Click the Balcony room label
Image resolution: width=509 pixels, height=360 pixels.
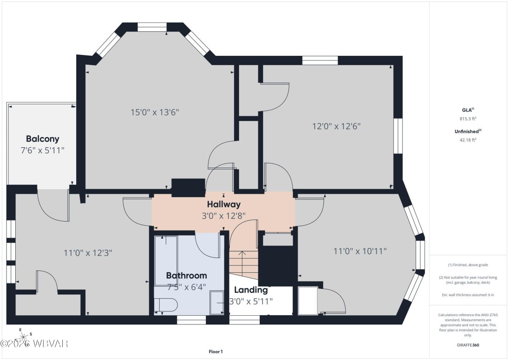[x=42, y=138]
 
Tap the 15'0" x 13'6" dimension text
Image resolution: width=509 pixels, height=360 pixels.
[x=155, y=112]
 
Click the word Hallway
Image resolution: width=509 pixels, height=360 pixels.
[x=223, y=204]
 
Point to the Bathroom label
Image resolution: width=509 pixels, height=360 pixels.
[x=186, y=276]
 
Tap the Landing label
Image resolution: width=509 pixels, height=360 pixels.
[x=251, y=290]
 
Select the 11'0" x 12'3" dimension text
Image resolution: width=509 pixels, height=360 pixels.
[x=88, y=253]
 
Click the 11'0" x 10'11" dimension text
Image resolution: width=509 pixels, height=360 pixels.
[x=360, y=251]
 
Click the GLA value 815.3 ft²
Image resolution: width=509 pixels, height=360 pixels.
[x=468, y=119]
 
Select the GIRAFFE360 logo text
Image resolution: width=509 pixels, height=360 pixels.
[x=468, y=345]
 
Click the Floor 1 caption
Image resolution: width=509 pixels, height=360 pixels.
[x=216, y=352]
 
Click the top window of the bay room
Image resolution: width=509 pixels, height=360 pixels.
[x=152, y=27]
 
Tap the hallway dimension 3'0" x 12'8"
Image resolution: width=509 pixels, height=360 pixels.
[x=223, y=215]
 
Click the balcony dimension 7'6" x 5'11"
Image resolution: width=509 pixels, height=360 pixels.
[x=42, y=150]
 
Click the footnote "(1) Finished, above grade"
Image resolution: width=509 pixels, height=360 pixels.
[x=468, y=265]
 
